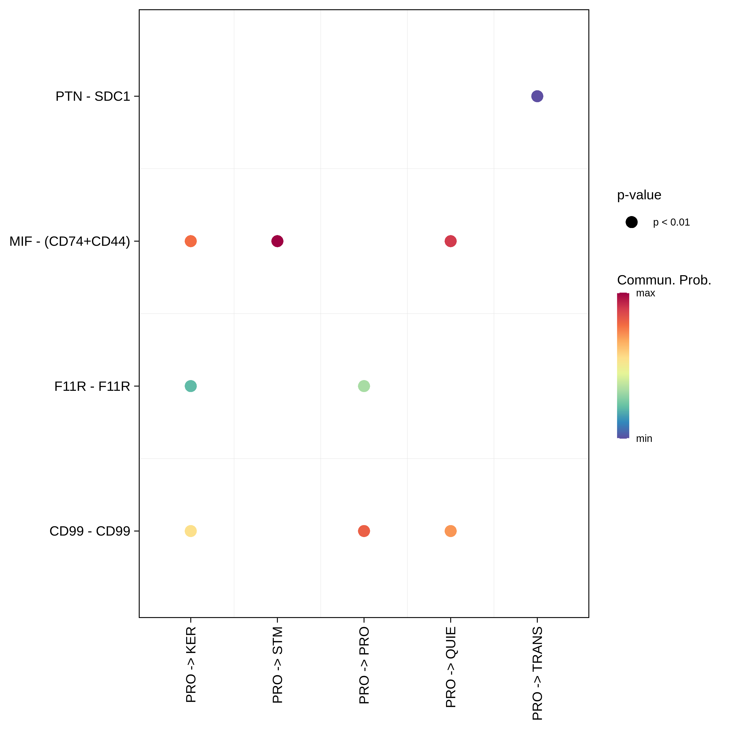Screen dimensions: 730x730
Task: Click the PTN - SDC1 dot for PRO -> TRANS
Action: pyautogui.click(x=537, y=96)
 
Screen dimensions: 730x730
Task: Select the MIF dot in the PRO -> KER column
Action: pyautogui.click(x=191, y=241)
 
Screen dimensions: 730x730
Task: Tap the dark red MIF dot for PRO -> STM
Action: pyautogui.click(x=277, y=241)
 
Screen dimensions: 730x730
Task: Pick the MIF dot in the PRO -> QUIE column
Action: pyautogui.click(x=450, y=241)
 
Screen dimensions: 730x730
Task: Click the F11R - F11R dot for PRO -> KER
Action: pyautogui.click(x=191, y=386)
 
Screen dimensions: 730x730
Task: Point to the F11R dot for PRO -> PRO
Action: pyautogui.click(x=364, y=386)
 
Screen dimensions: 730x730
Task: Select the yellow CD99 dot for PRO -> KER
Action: pyautogui.click(x=191, y=531)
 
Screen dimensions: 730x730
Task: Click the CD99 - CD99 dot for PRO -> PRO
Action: pyautogui.click(x=364, y=531)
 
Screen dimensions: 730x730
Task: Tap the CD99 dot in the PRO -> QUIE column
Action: pyautogui.click(x=450, y=531)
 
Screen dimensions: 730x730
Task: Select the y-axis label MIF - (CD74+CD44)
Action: pyautogui.click(x=70, y=241)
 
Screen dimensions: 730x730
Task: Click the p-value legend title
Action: pyautogui.click(x=639, y=195)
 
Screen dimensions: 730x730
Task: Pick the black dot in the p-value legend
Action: pyautogui.click(x=631, y=222)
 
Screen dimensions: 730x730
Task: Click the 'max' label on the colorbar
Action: pyautogui.click(x=645, y=293)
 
